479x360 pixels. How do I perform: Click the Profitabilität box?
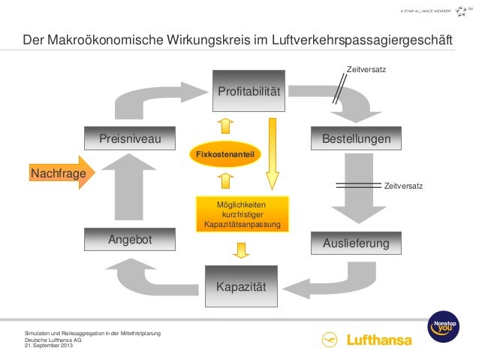tap(249, 92)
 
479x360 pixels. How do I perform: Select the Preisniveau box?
tap(130, 140)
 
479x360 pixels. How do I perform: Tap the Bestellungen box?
tap(357, 140)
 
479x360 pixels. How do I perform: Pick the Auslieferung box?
tap(357, 244)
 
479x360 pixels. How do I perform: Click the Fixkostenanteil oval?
tap(226, 154)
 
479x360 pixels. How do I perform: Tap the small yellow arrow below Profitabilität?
tap(226, 124)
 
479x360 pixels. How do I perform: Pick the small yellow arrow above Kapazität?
tap(241, 250)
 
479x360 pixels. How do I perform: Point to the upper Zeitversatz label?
tap(366, 70)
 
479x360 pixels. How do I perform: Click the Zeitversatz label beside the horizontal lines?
tap(403, 186)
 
